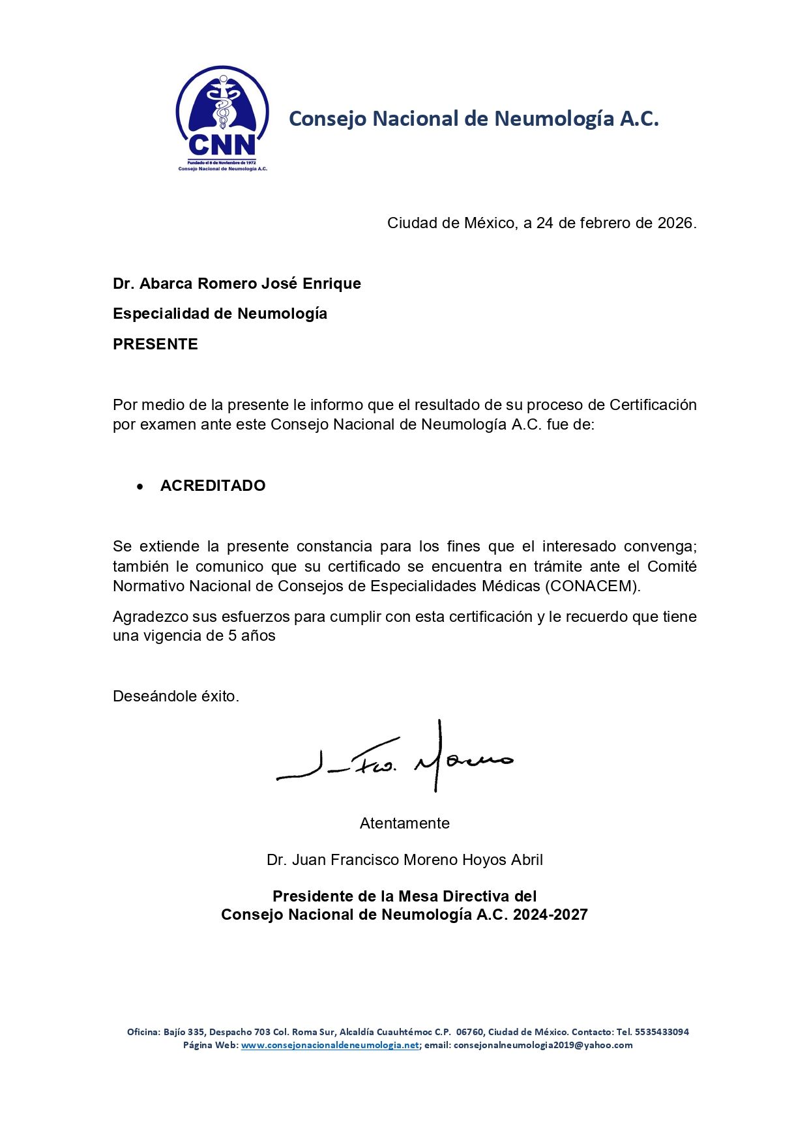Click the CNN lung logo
(x=222, y=117)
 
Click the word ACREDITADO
(x=213, y=486)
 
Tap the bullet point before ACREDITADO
(x=140, y=486)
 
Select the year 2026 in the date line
(x=675, y=223)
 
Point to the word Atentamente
(x=404, y=823)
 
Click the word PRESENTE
(x=155, y=344)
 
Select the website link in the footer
(x=330, y=1045)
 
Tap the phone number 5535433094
(x=662, y=1032)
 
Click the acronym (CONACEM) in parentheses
(x=592, y=586)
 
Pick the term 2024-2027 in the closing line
(x=550, y=915)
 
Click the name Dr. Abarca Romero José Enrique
(x=237, y=284)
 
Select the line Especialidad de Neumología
(x=220, y=314)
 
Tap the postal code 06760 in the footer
(x=470, y=1032)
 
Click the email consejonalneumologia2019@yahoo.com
(x=543, y=1045)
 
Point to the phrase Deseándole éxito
(x=176, y=696)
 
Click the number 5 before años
(x=232, y=636)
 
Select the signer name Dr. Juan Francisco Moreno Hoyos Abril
(x=404, y=860)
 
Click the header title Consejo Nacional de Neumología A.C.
(x=473, y=119)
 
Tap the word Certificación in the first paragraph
(x=653, y=405)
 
